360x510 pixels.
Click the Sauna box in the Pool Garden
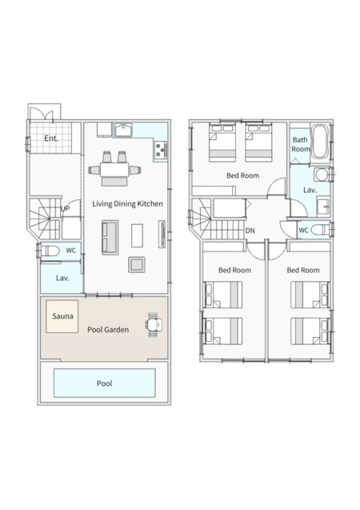click(x=62, y=316)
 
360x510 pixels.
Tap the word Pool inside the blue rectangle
click(x=104, y=384)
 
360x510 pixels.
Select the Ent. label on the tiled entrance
click(x=51, y=139)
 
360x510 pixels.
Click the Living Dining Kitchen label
click(x=127, y=204)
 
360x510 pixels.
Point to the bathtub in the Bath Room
click(x=320, y=142)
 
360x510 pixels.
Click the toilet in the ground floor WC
click(x=50, y=251)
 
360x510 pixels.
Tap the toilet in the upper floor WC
click(x=320, y=231)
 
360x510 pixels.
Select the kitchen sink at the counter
click(x=123, y=130)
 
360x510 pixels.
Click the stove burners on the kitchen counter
click(x=161, y=151)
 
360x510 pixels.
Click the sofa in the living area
click(x=110, y=237)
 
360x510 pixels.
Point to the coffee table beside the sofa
click(x=137, y=235)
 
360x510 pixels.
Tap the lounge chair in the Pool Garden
click(x=154, y=324)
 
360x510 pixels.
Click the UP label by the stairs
click(x=65, y=208)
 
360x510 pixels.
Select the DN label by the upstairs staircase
click(x=250, y=231)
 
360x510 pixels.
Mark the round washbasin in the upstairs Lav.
click(x=322, y=175)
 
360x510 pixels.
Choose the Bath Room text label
click(x=300, y=144)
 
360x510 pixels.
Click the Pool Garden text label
click(x=108, y=330)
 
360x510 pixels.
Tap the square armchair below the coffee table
click(x=137, y=264)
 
